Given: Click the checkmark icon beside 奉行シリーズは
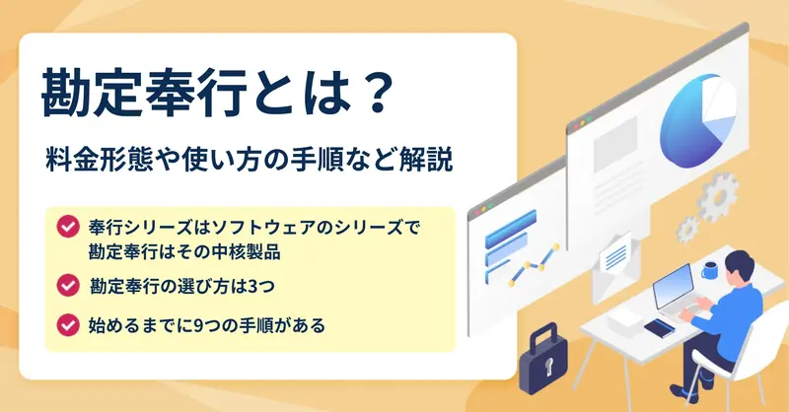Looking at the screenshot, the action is tap(67, 227).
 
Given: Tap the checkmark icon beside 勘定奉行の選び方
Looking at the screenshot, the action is tap(67, 285).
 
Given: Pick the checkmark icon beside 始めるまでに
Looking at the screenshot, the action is tap(67, 325).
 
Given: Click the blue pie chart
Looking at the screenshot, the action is tap(697, 120).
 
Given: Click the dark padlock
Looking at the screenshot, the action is tap(543, 359).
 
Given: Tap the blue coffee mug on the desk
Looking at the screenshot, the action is tap(710, 270).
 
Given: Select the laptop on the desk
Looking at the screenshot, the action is tap(675, 295).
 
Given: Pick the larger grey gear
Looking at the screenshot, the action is tap(718, 197).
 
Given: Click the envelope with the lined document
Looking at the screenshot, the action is tap(615, 268).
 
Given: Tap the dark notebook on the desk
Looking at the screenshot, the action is tap(659, 328).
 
